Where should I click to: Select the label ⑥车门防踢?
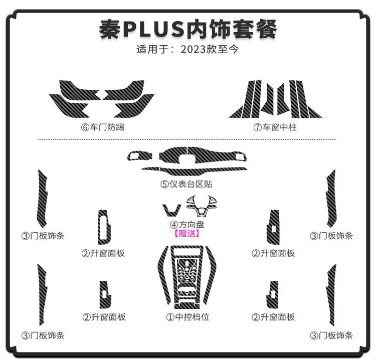[x=102, y=127]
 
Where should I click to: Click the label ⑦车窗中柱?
[x=275, y=127]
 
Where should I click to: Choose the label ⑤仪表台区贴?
[x=186, y=184]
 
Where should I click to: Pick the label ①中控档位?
[x=187, y=317]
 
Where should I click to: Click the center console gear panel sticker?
[x=187, y=276]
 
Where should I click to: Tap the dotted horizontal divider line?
[x=187, y=139]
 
